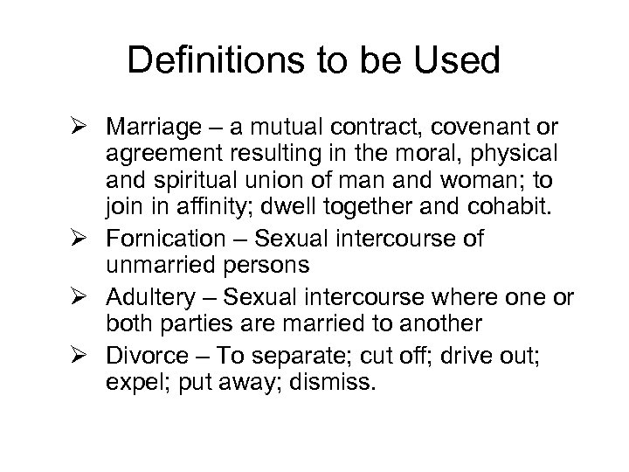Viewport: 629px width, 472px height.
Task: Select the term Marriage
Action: (x=149, y=127)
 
